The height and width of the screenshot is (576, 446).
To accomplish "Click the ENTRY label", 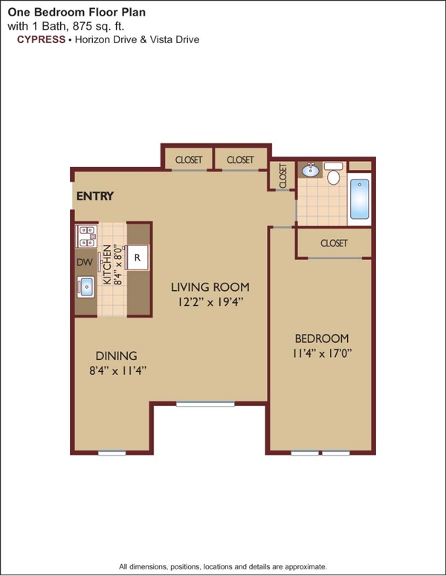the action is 95,196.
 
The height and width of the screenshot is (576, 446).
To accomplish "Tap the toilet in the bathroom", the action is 334,174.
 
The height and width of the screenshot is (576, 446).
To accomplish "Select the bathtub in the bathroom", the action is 359,199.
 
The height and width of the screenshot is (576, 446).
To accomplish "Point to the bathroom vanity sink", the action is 311,170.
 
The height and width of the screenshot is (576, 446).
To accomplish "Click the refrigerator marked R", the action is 138,258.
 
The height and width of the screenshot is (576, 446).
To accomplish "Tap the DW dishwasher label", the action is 85,262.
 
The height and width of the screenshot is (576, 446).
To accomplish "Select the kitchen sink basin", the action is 85,287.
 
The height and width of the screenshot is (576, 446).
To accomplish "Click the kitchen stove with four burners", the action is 86,237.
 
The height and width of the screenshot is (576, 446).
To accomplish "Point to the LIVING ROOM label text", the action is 210,287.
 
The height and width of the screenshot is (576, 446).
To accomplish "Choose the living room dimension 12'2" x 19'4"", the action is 210,302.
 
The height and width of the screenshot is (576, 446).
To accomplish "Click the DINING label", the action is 116,356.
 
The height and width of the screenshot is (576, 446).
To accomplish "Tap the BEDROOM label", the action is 322,338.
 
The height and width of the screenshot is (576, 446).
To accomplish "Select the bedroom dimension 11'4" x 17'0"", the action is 322,353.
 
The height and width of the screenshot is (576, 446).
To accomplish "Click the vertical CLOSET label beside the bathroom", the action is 283,176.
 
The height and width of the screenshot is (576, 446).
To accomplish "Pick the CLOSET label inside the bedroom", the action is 334,243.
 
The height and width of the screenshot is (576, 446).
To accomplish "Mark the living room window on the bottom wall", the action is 205,404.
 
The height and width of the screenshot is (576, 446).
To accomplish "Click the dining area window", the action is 112,453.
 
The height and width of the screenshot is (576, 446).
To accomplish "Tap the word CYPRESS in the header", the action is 41,39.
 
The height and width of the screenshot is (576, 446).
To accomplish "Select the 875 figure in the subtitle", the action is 80,26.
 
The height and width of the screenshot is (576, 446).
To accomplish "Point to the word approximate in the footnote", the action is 306,567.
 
